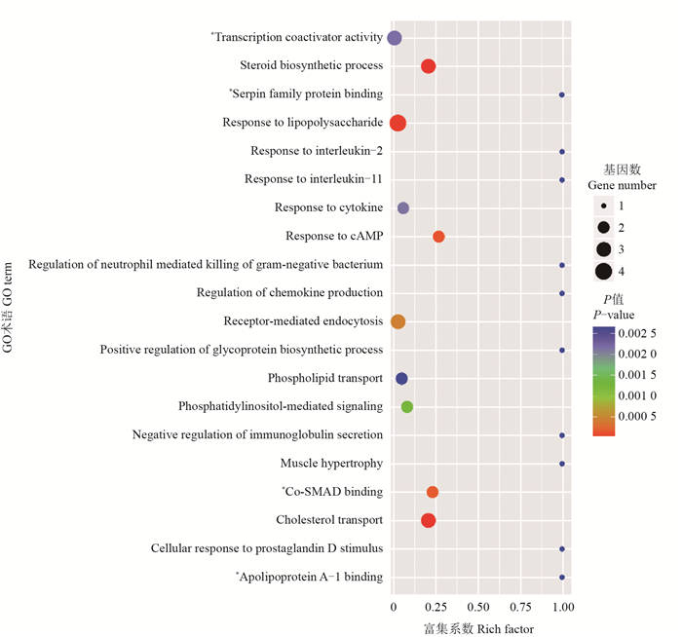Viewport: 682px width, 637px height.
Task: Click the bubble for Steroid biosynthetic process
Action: (428, 66)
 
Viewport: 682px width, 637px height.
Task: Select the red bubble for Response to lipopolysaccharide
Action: (398, 123)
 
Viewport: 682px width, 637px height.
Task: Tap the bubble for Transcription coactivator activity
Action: (395, 38)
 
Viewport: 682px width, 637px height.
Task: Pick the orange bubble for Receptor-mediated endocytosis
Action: (398, 321)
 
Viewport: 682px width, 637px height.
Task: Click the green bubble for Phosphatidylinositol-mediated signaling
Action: (407, 406)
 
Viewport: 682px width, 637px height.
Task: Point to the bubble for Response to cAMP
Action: (438, 237)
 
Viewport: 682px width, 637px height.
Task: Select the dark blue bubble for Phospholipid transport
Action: (401, 378)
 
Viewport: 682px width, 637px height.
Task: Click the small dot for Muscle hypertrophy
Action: (562, 464)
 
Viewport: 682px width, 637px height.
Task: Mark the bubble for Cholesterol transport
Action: (428, 520)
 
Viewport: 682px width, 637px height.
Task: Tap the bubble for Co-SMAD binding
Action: (433, 492)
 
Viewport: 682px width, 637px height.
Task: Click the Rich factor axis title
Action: (478, 628)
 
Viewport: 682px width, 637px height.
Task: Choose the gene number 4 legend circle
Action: (604, 272)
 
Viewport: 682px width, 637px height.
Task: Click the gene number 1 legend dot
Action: (604, 206)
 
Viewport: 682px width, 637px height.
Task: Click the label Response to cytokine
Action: (328, 207)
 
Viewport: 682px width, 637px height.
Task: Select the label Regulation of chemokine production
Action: (289, 293)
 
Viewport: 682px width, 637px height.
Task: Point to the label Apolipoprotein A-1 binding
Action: (311, 577)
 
